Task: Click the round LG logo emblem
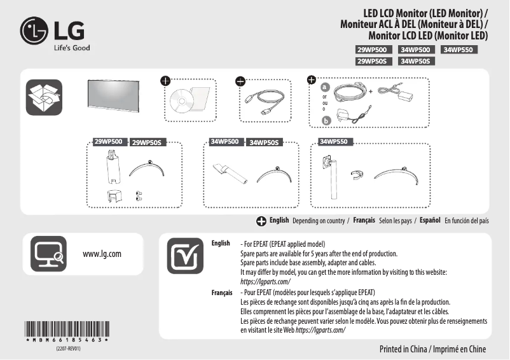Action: click(34, 30)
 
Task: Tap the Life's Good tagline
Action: click(71, 48)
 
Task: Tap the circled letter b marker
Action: click(326, 120)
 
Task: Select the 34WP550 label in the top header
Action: click(460, 50)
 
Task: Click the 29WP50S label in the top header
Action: click(375, 61)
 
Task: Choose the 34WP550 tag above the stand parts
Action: click(334, 141)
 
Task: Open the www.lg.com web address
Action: click(102, 254)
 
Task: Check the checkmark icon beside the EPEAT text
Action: click(186, 258)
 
